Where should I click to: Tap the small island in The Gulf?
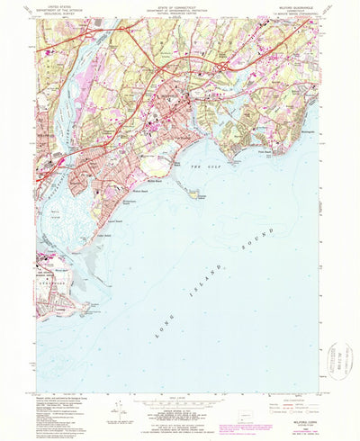pyautogui.click(x=192, y=190)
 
